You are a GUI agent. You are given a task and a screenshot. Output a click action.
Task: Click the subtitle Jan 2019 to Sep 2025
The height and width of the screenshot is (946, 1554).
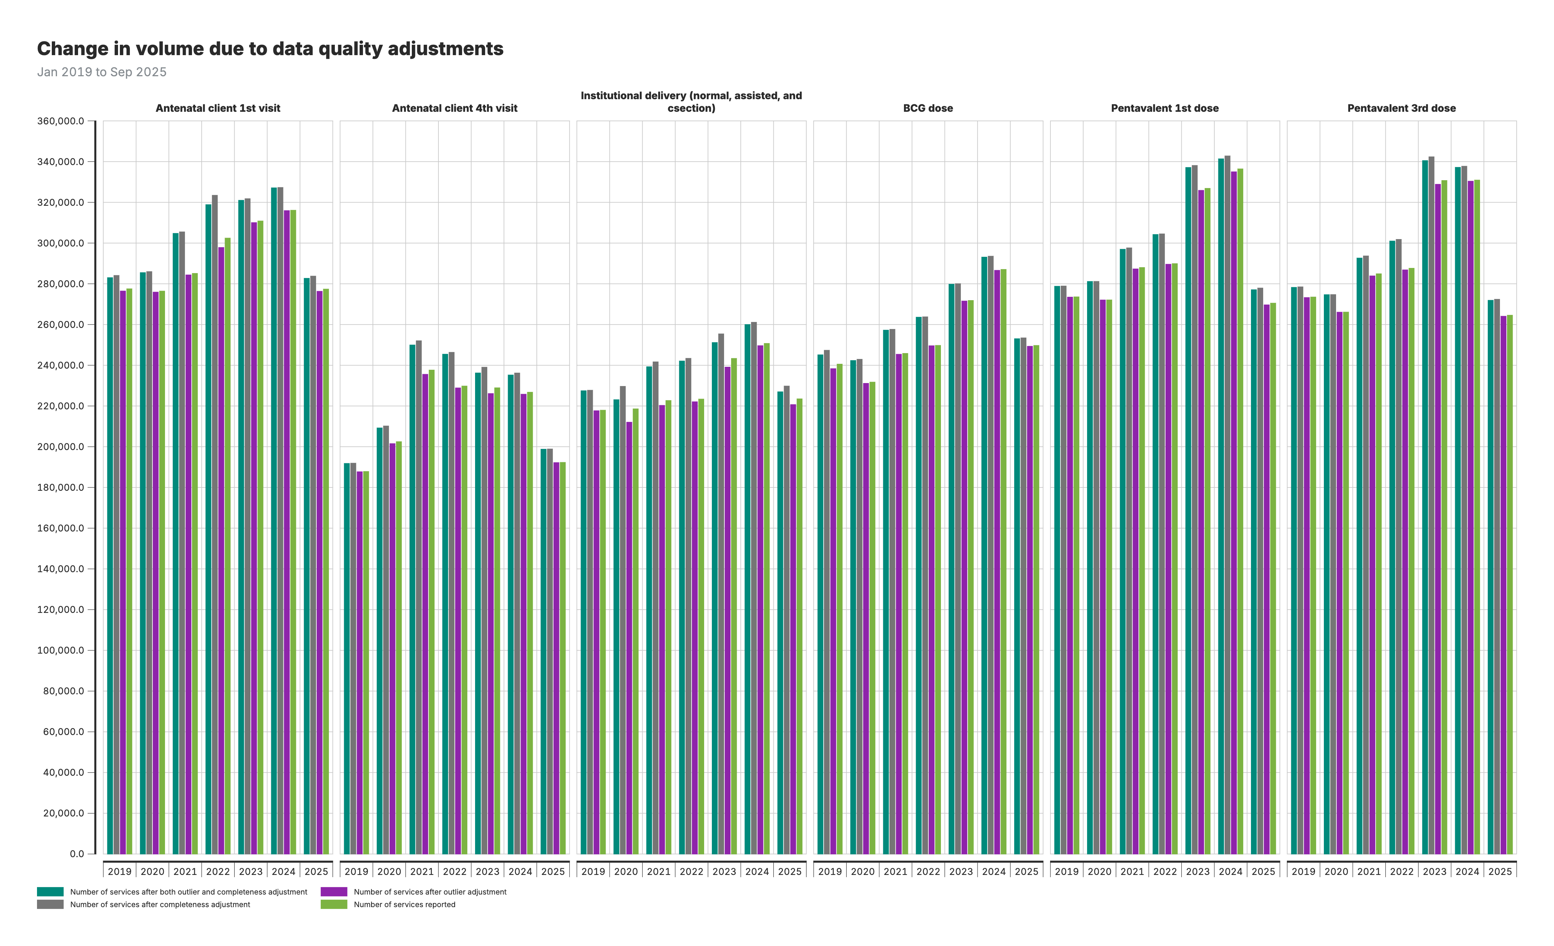(101, 72)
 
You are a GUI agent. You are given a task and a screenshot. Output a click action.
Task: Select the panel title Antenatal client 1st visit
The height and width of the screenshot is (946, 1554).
(218, 108)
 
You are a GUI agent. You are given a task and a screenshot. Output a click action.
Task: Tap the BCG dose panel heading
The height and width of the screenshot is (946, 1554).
(928, 108)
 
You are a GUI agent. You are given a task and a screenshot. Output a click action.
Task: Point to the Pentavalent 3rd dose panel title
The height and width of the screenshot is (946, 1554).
(1402, 108)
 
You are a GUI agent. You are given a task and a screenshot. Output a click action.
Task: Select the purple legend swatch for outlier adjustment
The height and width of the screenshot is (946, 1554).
(334, 892)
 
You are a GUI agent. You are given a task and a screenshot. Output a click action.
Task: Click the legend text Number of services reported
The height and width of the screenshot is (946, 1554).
(404, 905)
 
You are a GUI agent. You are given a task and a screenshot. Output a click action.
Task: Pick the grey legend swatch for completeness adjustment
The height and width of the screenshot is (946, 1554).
(50, 905)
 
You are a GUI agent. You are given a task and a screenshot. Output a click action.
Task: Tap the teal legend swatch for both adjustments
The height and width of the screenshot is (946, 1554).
(50, 892)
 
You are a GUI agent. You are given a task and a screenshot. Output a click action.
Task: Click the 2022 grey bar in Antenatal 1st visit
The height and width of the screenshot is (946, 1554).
(215, 523)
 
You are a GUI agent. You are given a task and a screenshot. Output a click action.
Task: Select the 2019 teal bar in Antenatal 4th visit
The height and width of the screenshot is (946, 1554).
(347, 656)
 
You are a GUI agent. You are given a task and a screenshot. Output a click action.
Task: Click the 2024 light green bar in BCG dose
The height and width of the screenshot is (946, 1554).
(1003, 561)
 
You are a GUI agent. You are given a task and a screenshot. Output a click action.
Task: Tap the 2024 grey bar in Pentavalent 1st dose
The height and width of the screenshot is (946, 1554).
(1227, 504)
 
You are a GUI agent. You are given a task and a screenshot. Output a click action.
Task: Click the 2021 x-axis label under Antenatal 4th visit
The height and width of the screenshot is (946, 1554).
(422, 872)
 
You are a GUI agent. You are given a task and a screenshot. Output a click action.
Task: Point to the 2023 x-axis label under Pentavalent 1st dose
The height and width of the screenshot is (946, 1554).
(1198, 872)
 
